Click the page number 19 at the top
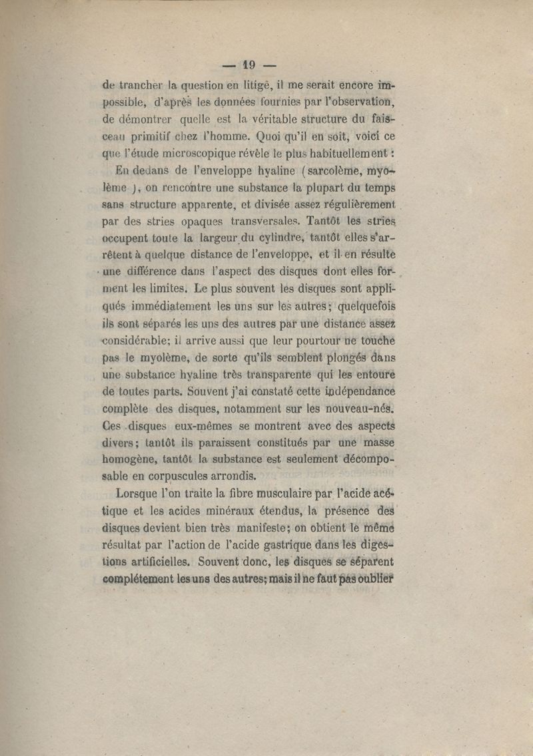coord(249,65)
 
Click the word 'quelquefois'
coord(367,307)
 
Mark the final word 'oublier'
coord(371,578)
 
